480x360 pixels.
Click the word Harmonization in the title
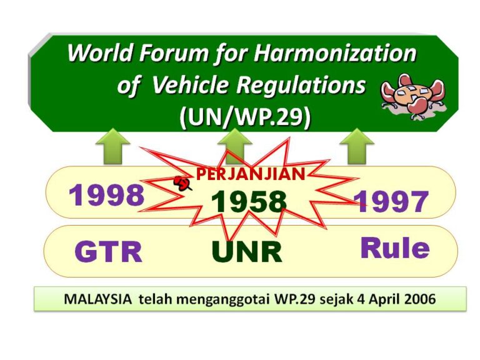335,52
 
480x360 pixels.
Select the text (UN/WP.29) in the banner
245,117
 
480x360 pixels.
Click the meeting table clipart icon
412,96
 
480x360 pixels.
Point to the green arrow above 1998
112,146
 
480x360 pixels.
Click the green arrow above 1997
357,146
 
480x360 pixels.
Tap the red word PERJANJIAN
251,174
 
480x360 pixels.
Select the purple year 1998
106,195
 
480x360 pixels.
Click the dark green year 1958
249,201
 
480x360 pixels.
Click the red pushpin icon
182,183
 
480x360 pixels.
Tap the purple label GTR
108,252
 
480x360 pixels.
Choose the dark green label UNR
247,252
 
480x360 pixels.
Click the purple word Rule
395,247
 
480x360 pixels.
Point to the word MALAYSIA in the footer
98,299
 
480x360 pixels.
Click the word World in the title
100,52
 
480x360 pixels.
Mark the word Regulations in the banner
301,85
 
